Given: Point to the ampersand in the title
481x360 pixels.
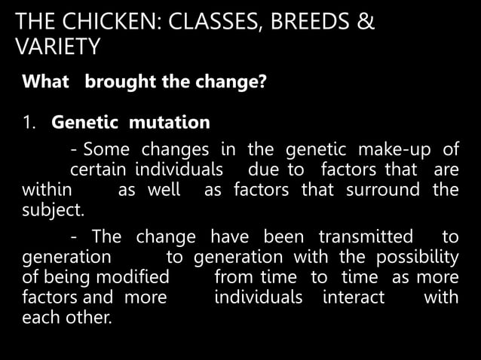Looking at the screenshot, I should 365,23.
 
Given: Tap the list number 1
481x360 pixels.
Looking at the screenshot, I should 28,121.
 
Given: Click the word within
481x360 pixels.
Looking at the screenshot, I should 47,188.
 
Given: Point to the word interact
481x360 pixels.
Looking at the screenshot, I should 353,297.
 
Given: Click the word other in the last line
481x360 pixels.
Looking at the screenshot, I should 89,318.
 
